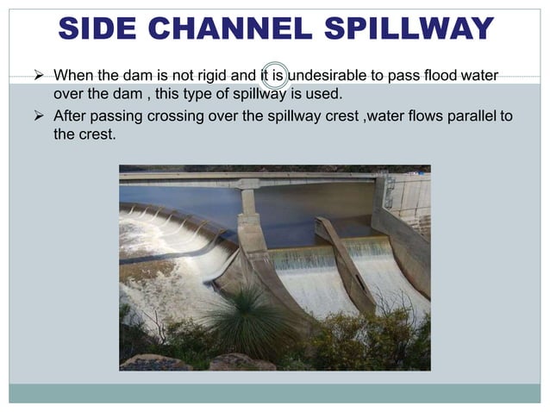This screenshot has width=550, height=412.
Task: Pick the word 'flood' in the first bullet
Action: (442, 77)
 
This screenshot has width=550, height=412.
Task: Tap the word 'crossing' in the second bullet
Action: (179, 115)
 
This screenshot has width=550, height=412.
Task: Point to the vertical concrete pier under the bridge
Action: (251, 220)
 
